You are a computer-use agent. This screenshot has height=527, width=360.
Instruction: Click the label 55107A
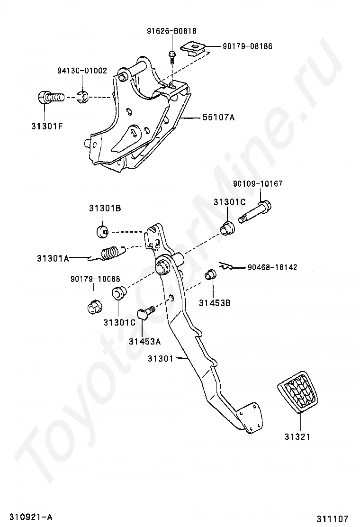(x=219, y=117)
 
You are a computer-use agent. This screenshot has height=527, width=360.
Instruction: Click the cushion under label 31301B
(x=102, y=231)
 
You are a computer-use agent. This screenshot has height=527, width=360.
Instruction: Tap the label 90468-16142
(x=272, y=267)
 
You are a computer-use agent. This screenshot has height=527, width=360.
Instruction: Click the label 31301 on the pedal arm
(x=162, y=358)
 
